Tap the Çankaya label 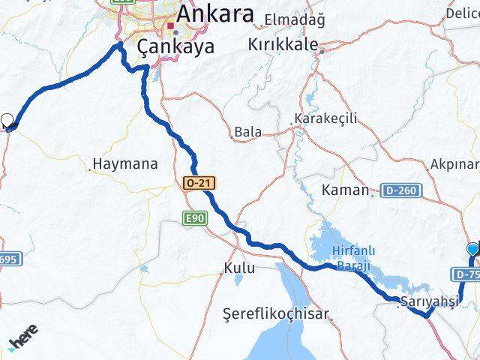(176, 46)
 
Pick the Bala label (248, 132)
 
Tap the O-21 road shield (193, 183)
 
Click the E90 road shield (193, 218)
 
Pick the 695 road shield (7, 259)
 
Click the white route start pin (8, 120)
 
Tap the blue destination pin (472, 250)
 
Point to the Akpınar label (454, 163)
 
